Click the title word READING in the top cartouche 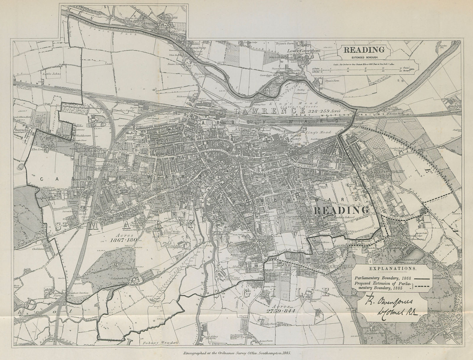tap(364, 50)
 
